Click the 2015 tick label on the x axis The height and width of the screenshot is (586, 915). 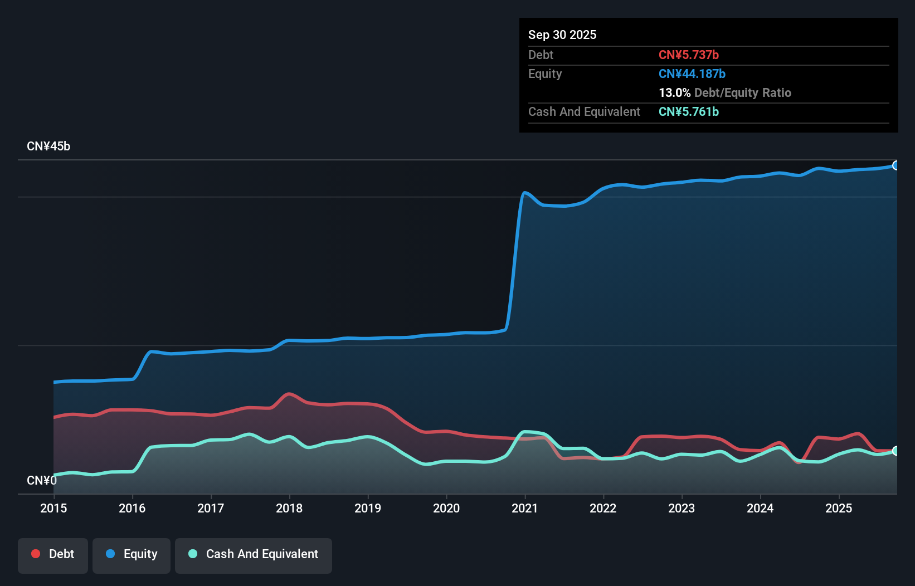(53, 508)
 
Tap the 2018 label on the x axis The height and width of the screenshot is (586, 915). (289, 508)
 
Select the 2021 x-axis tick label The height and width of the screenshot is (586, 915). (524, 508)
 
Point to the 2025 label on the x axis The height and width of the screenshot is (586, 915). (839, 508)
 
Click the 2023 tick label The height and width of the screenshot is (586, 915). (682, 508)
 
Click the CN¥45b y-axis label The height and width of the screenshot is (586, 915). (48, 146)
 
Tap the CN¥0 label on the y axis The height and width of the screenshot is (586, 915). (42, 480)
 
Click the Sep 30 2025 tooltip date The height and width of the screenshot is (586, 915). (562, 35)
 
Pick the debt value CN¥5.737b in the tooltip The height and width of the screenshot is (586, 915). (689, 55)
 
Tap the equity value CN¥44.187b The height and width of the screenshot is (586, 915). (692, 74)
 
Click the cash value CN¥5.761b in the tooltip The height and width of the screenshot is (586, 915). (689, 111)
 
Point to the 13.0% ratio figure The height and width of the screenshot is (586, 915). (674, 92)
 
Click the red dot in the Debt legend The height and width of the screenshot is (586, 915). (36, 554)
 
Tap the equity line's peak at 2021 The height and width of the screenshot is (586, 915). (524, 193)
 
